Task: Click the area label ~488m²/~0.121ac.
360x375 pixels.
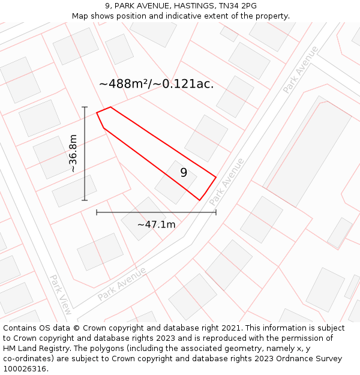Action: (x=156, y=84)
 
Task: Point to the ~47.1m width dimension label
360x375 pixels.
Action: (x=156, y=224)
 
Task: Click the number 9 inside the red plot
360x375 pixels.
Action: (x=184, y=173)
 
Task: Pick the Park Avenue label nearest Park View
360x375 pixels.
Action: (x=122, y=284)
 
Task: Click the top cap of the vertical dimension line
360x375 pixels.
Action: (x=85, y=107)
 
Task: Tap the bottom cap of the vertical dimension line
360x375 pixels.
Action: (x=85, y=200)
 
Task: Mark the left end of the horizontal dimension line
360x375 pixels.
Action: (x=97, y=212)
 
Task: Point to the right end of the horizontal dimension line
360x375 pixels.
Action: (x=216, y=212)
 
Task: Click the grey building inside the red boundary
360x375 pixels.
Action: (x=176, y=181)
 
